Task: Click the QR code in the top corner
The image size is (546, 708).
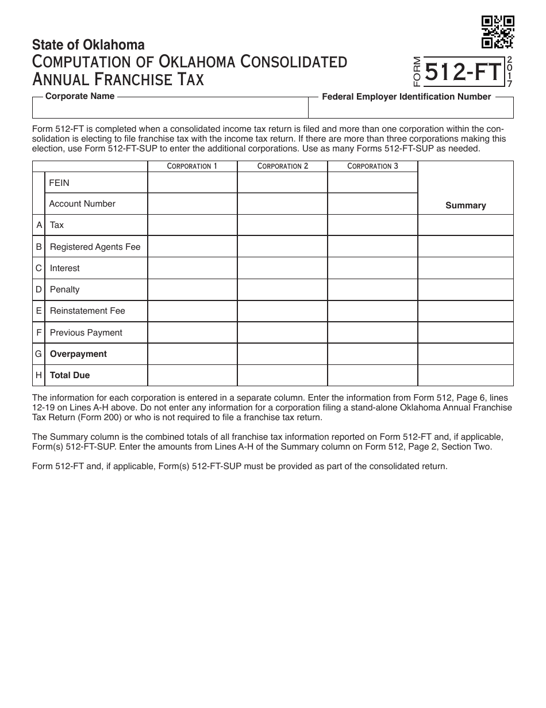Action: [x=497, y=32]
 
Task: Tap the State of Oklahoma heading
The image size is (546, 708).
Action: [x=89, y=45]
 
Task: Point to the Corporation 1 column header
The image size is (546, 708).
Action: [x=192, y=166]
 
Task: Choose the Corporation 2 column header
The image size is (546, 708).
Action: [x=282, y=166]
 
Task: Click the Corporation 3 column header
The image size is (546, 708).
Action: [x=372, y=166]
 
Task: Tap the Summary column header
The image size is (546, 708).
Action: [x=466, y=205]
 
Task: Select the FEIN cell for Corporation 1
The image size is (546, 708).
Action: [x=192, y=182]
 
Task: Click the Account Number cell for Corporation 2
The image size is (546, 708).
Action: [x=282, y=204]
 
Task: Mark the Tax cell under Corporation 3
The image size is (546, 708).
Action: [x=372, y=225]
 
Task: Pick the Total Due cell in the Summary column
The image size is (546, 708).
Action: [x=466, y=375]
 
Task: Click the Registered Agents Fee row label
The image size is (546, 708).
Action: [x=95, y=247]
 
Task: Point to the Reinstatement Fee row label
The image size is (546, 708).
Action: [x=87, y=311]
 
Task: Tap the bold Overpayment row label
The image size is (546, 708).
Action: [x=78, y=354]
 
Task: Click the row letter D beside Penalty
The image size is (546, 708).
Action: [x=39, y=290]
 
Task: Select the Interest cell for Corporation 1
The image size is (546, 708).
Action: [x=192, y=268]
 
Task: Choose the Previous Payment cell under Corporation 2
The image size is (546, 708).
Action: [x=282, y=333]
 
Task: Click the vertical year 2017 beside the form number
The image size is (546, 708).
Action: [x=509, y=72]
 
